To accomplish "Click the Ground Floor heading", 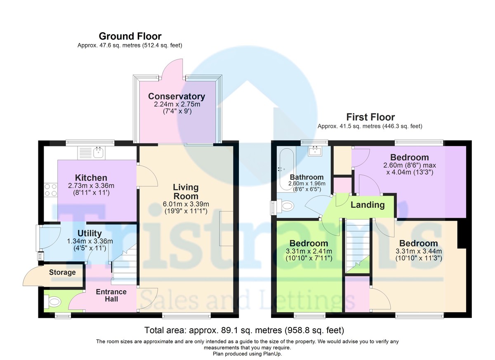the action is coord(130,36).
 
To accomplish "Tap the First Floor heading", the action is coord(370,117).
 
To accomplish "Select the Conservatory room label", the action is coord(177,96).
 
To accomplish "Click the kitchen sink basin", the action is coord(99,153).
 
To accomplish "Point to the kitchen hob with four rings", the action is coord(51,190).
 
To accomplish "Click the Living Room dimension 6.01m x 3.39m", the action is coord(186,204).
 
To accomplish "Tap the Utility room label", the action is coord(90,233).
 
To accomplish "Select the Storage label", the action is coord(62,272).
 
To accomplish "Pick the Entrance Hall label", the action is coord(111,295).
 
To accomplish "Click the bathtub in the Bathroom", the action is coord(286,169).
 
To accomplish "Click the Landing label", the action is coord(368,205).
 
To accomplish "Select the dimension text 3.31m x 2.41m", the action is coord(309,251).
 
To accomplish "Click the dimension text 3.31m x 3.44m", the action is coord(419,251).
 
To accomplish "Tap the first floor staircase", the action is coord(358,246).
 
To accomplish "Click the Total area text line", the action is coord(244,330).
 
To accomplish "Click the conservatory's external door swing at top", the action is coord(173,69).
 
